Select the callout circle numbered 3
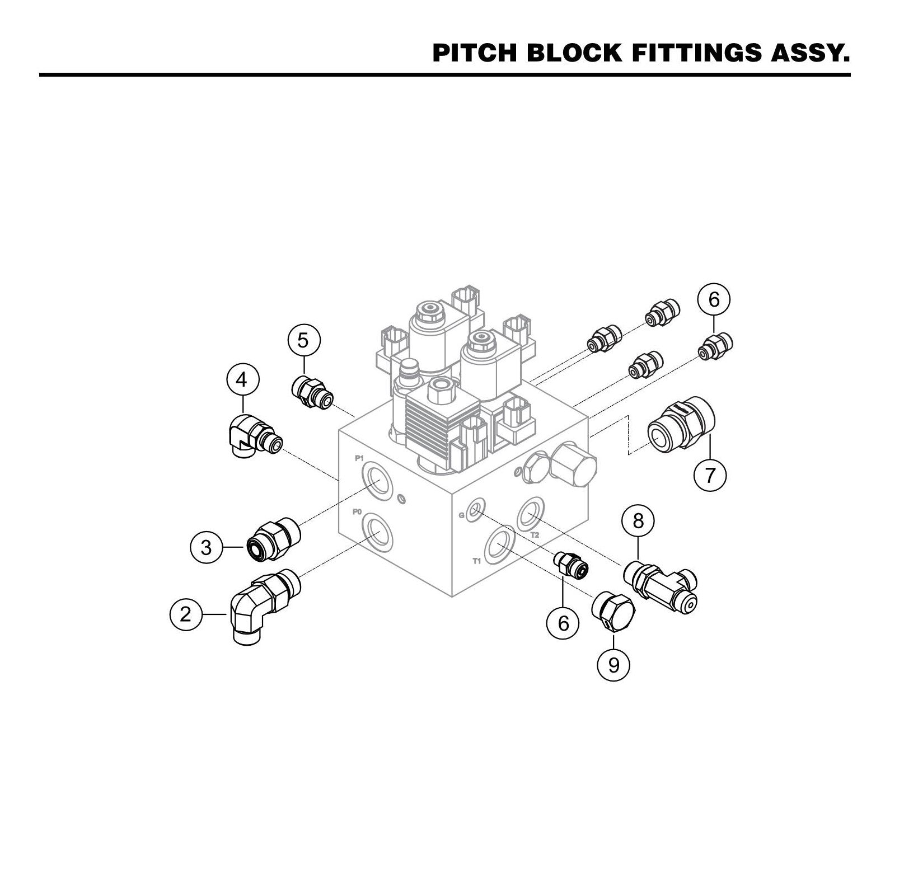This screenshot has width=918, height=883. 207,547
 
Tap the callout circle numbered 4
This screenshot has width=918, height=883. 241,380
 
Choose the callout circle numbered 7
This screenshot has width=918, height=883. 710,476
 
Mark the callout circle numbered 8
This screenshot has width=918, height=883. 638,521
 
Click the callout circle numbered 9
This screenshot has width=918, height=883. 614,665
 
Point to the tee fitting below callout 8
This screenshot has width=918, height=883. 663,585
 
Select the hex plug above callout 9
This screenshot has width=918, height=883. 613,612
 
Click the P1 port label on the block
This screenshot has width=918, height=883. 359,458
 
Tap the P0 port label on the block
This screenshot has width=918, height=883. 357,511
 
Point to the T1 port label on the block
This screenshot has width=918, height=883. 477,561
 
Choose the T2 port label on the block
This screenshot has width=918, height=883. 535,535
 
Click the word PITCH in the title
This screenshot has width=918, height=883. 476,53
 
